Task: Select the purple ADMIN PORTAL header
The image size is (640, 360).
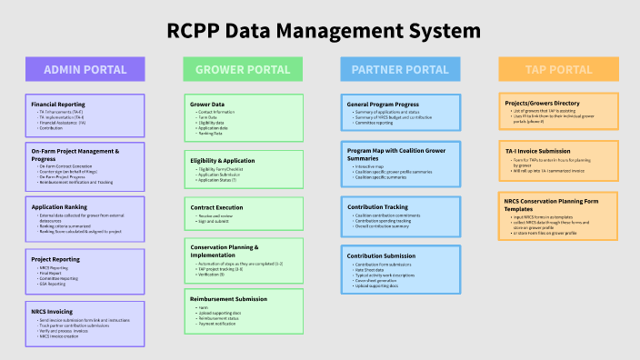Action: (x=85, y=69)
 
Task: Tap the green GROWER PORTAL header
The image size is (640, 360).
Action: (x=243, y=69)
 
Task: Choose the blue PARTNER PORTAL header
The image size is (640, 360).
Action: (x=400, y=69)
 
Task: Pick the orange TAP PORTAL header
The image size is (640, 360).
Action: (x=558, y=69)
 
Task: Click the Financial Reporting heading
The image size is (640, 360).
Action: (x=58, y=104)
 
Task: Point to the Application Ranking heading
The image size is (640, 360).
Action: (x=59, y=206)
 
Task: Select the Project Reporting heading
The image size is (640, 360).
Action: (x=55, y=258)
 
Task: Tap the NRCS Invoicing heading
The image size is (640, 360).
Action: (x=53, y=311)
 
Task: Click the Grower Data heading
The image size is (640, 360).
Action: (x=207, y=104)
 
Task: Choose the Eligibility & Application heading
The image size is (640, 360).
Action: (x=222, y=160)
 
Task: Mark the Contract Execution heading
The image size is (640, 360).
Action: (x=216, y=208)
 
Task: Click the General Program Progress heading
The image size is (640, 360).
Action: (x=385, y=104)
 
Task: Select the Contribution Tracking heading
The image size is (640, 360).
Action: (x=378, y=206)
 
